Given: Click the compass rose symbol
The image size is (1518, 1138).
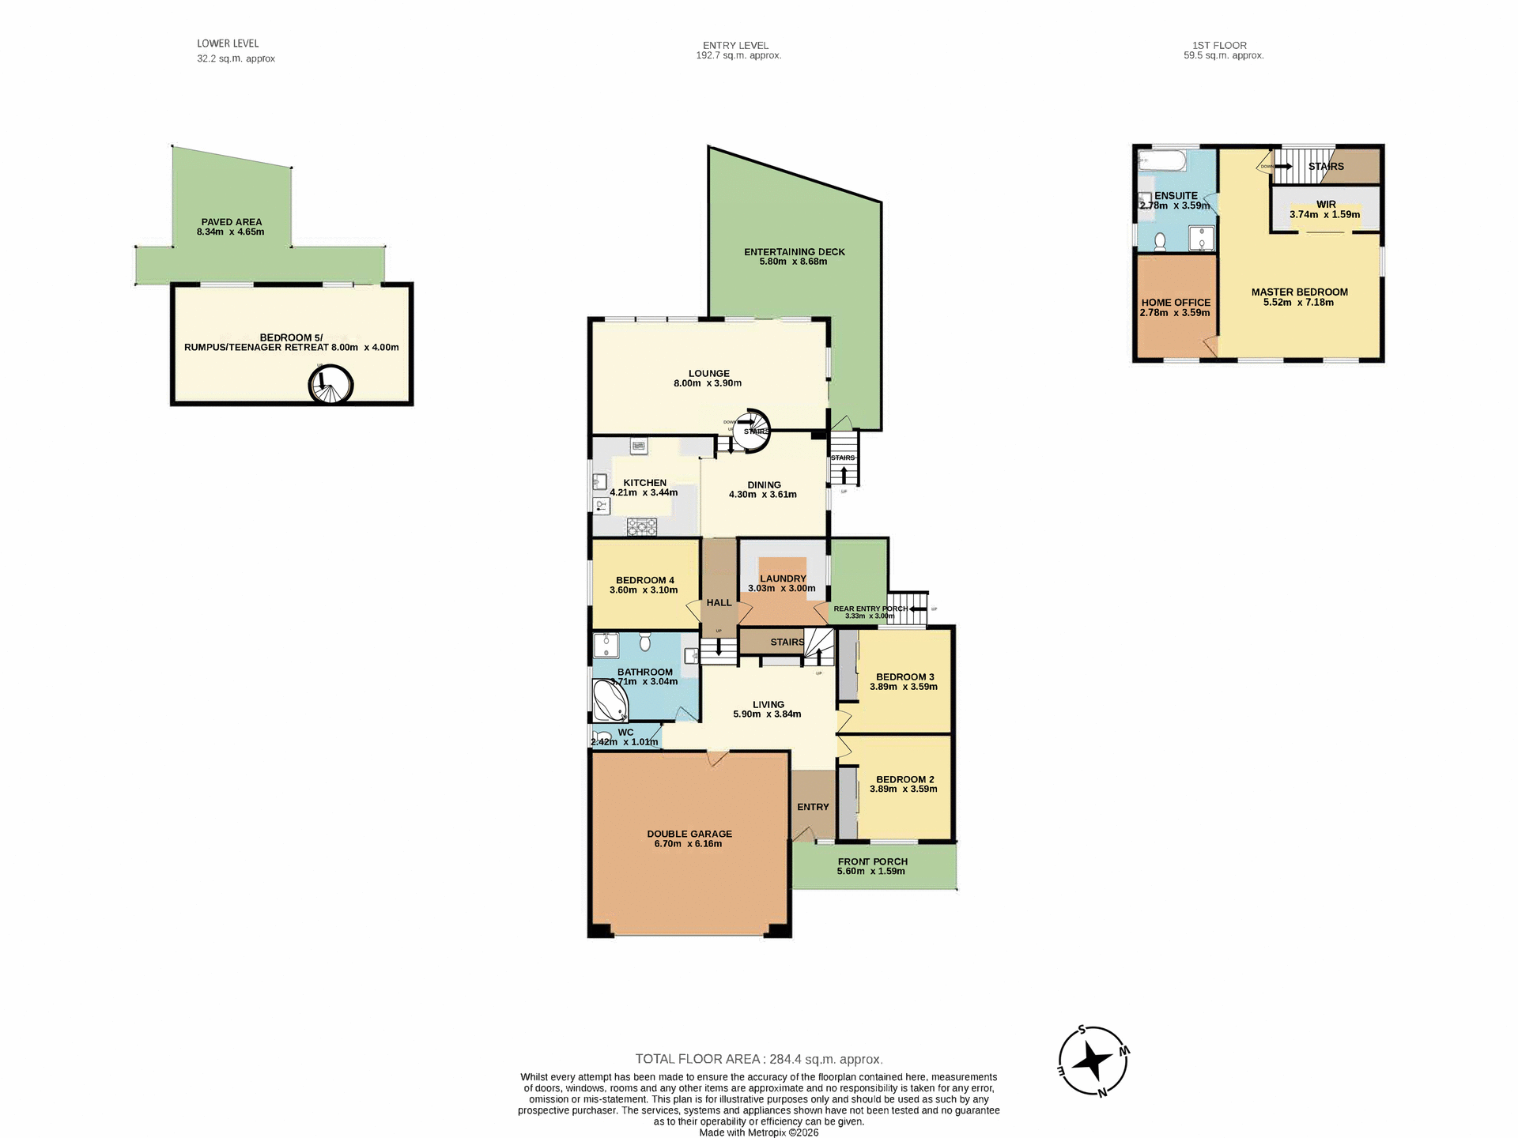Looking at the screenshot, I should pyautogui.click(x=1093, y=1061).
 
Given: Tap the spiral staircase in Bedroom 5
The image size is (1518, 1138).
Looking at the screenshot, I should pyautogui.click(x=330, y=385).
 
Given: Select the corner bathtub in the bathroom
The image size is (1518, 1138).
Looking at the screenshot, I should pyautogui.click(x=609, y=700).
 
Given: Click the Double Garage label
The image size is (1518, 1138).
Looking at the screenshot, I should pyautogui.click(x=689, y=834).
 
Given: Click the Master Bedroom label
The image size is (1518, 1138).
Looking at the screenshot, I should pyautogui.click(x=1299, y=292).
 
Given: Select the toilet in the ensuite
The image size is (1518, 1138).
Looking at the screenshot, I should pyautogui.click(x=1160, y=241).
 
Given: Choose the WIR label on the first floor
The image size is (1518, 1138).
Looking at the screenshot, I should pyautogui.click(x=1326, y=204).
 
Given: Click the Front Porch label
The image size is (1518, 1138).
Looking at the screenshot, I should pyautogui.click(x=872, y=861).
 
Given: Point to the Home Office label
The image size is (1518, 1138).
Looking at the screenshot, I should pyautogui.click(x=1176, y=303).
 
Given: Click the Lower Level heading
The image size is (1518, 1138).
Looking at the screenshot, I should pyautogui.click(x=228, y=43).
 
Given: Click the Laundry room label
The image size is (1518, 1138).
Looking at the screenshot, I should pyautogui.click(x=783, y=578).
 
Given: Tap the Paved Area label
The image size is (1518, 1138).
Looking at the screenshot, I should pyautogui.click(x=231, y=222).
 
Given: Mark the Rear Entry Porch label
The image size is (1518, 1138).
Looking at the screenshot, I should pyautogui.click(x=870, y=609).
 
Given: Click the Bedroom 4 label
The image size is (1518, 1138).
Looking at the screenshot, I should pyautogui.click(x=644, y=580).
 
